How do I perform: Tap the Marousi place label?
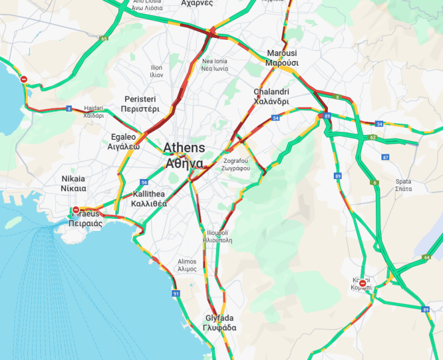(x=282, y=58)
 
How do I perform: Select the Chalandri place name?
(x=271, y=96)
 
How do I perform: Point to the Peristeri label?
(x=140, y=104)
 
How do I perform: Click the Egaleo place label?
(x=124, y=142)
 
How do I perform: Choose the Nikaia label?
(x=74, y=183)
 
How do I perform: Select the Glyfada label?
(x=219, y=323)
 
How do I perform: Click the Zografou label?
(x=237, y=165)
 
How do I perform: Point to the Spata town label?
(x=403, y=185)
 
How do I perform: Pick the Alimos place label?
(x=186, y=265)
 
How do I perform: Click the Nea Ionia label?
(x=215, y=65)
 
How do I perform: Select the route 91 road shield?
(x=176, y=294)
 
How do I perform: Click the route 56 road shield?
(x=144, y=182)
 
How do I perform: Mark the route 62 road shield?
(x=373, y=137)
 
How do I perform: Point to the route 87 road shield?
(x=386, y=157)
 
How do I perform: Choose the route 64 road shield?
(x=426, y=257)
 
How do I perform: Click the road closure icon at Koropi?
(x=362, y=283)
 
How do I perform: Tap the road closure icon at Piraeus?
(x=75, y=210)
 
